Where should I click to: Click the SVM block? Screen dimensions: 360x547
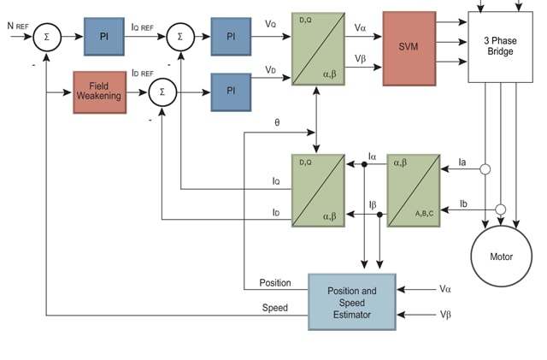tap(409, 49)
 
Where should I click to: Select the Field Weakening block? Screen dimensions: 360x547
tap(98, 91)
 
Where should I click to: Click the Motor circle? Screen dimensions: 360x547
tap(501, 256)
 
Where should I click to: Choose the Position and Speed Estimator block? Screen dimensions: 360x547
tap(351, 302)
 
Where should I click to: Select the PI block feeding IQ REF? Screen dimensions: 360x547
tap(103, 37)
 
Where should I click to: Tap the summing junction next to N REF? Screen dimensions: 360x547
tap(48, 38)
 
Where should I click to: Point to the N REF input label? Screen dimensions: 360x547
tap(18, 26)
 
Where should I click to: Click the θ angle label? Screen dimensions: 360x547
tap(277, 122)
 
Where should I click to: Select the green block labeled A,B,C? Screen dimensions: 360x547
tap(413, 190)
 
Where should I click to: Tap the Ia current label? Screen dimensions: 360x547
tap(462, 161)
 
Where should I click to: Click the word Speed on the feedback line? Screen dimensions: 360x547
tap(274, 308)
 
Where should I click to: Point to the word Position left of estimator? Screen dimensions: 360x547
tap(274, 283)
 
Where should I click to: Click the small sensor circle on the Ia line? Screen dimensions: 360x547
tap(485, 169)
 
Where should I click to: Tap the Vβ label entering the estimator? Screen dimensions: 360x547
tap(444, 315)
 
